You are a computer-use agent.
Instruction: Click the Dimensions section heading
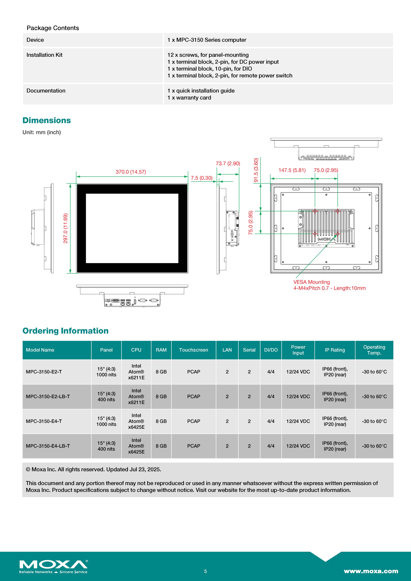47,120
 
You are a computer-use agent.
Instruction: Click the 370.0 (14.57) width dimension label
131,172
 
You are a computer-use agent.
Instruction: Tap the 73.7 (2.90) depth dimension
228,164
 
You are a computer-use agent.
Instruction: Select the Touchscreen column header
194,350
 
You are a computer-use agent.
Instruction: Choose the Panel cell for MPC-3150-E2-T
106,372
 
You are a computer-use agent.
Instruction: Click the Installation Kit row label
45,55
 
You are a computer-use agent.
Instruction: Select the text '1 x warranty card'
189,98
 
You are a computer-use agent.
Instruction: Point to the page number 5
205,571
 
